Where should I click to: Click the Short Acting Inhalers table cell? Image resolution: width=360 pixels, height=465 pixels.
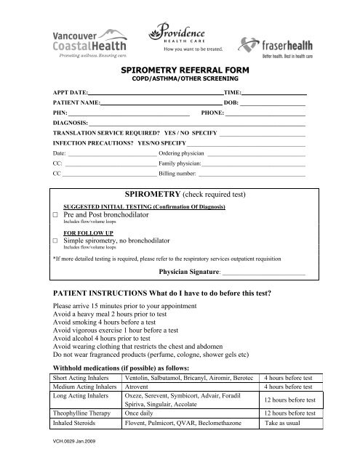pos(83,378)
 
